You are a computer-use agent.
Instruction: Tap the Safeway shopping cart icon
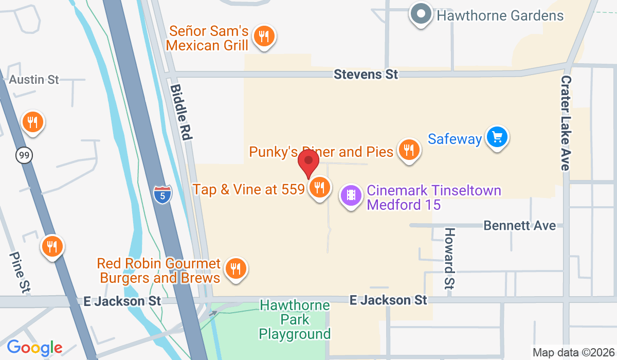(497, 137)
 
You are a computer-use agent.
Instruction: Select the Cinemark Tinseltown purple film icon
(351, 195)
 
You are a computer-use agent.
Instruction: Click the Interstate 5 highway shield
(162, 194)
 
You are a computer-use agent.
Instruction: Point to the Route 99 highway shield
(24, 155)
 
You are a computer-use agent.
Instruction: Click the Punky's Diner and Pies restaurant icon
(409, 150)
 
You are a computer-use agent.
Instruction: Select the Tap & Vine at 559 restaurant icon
(320, 188)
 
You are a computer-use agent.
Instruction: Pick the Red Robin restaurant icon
(235, 268)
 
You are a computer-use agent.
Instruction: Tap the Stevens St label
(366, 75)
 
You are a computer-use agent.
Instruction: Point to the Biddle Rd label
(182, 113)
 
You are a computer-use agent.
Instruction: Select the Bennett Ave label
(519, 226)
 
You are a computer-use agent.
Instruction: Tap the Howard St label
(450, 258)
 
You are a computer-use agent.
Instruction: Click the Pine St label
(19, 272)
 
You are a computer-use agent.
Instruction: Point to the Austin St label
(34, 80)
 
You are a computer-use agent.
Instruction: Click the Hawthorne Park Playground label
(295, 319)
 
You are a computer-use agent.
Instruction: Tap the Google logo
(34, 348)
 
